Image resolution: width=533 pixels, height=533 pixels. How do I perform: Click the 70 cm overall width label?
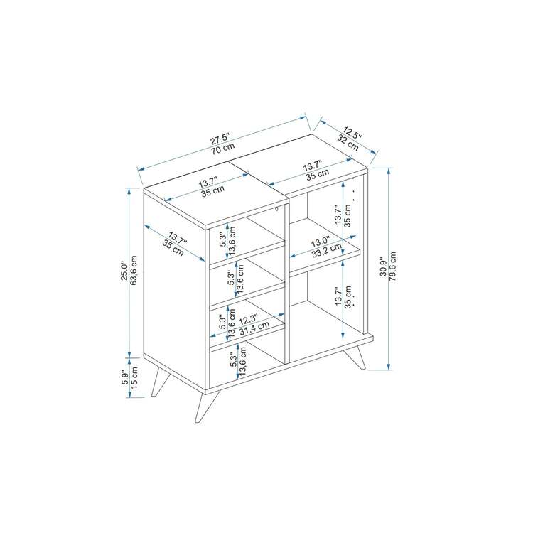pyautogui.click(x=222, y=149)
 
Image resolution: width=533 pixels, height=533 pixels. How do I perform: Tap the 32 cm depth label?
pyautogui.click(x=348, y=143)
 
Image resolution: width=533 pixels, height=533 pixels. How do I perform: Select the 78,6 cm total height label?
pyautogui.click(x=392, y=266)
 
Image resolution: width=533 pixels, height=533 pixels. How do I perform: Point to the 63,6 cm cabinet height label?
pyautogui.click(x=134, y=270)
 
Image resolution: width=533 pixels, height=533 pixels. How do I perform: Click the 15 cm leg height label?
pyautogui.click(x=134, y=377)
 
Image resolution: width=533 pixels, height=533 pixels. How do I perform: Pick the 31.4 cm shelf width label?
pyautogui.click(x=254, y=328)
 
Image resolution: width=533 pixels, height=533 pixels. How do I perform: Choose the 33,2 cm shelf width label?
pyautogui.click(x=327, y=251)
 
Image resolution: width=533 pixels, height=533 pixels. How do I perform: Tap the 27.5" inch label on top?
pyautogui.click(x=220, y=139)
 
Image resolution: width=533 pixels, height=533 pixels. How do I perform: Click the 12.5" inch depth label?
pyautogui.click(x=352, y=133)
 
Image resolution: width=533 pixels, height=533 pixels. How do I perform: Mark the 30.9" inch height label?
pyautogui.click(x=383, y=266)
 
